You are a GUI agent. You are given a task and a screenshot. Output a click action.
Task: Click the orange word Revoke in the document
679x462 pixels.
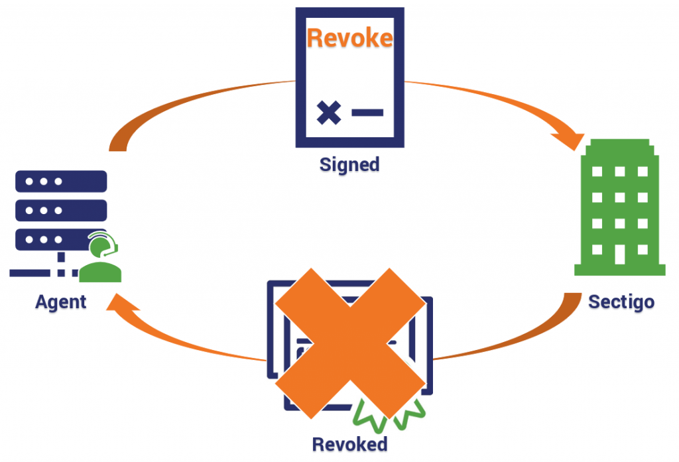click(x=349, y=38)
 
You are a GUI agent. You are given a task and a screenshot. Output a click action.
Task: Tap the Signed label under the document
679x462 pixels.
click(x=349, y=164)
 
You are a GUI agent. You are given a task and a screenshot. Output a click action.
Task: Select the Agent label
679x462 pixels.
click(x=61, y=302)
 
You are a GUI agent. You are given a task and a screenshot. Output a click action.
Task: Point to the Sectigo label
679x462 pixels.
click(x=621, y=302)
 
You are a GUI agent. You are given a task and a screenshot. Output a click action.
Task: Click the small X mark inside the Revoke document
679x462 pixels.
click(x=328, y=112)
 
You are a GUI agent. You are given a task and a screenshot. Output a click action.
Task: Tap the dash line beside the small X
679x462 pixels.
click(x=367, y=112)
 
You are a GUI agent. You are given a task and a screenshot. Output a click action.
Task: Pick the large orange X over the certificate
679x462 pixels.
click(x=350, y=341)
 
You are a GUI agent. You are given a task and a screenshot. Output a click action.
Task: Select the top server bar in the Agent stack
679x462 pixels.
click(x=60, y=181)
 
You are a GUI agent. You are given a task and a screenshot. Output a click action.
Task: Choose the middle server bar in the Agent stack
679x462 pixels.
click(x=60, y=210)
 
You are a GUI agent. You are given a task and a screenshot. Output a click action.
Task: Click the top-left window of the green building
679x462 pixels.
click(x=597, y=172)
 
